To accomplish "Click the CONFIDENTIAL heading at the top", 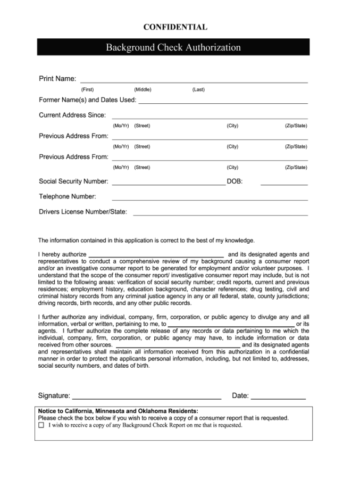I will [x=175, y=27].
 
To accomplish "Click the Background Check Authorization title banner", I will [x=173, y=47].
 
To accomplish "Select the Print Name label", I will [x=57, y=79].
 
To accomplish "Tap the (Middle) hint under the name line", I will [x=143, y=89].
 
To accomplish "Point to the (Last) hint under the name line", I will [x=198, y=89].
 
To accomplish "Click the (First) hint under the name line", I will [x=87, y=89].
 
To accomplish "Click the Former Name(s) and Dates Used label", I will [x=87, y=100].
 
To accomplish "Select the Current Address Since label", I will [x=72, y=115].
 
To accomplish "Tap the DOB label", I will [x=235, y=181].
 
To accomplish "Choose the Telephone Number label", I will [x=68, y=196].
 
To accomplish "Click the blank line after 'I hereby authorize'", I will [x=156, y=256].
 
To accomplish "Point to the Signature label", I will [x=54, y=395].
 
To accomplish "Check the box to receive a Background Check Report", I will [x=41, y=426].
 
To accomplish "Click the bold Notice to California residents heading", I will [x=118, y=411].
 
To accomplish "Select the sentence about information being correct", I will [x=146, y=240].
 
